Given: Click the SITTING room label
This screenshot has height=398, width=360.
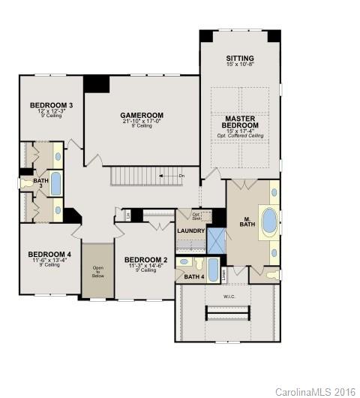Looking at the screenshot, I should [x=239, y=58].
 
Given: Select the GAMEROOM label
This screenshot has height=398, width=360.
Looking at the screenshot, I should [x=142, y=116].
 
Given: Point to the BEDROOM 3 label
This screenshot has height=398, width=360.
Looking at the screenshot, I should [x=50, y=104].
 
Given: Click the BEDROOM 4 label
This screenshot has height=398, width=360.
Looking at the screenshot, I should [x=49, y=255].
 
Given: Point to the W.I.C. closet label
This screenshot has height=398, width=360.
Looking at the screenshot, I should [x=229, y=294].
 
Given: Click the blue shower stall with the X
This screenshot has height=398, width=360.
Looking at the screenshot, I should [x=215, y=240].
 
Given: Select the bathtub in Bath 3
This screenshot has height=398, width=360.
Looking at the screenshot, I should [x=56, y=182].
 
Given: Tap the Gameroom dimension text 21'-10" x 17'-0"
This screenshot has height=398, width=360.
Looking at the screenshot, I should [x=142, y=121].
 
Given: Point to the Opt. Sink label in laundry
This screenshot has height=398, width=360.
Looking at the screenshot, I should [x=196, y=215].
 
